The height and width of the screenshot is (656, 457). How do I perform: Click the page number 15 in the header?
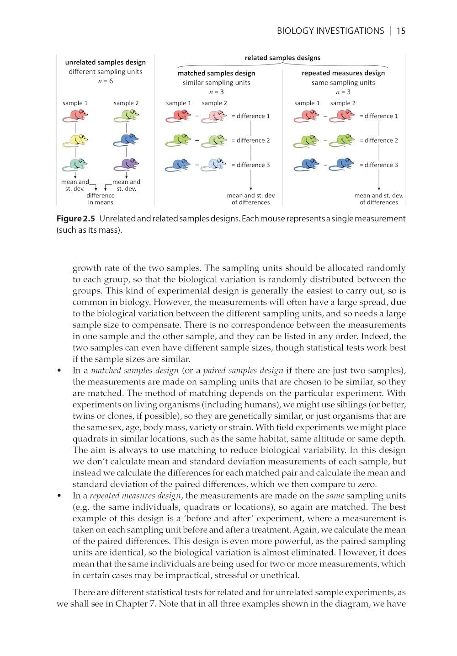pos(401,31)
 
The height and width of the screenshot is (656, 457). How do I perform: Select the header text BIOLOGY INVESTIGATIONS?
pos(330,31)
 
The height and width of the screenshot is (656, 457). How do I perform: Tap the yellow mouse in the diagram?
pos(75,139)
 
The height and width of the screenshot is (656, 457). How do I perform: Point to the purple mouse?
pos(127,164)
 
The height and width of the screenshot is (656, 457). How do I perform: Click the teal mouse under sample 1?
pos(75,164)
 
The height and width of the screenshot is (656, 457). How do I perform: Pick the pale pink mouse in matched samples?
pos(214,116)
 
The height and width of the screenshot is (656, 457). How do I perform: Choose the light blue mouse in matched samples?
pos(214,165)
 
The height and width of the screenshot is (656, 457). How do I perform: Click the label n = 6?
pos(106,81)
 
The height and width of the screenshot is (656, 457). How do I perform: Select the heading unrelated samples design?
pos(106,62)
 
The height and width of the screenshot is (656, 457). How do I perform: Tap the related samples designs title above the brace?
pos(282,58)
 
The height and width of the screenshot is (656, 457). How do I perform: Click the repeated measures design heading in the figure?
pos(343,73)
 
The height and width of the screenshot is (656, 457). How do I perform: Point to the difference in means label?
pos(101,199)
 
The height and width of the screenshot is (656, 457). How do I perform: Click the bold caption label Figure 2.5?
pos(76,219)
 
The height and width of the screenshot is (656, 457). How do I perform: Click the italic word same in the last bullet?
pos(335,496)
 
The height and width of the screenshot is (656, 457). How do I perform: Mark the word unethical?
pos(279,575)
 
